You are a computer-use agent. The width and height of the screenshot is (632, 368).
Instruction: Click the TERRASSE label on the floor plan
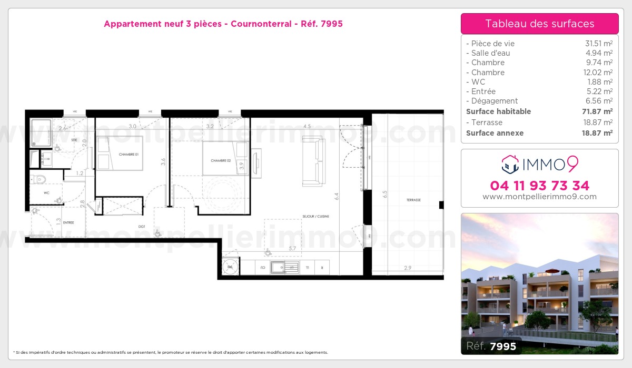click(x=413, y=200)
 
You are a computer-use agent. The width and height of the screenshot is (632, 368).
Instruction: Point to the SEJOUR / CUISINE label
click(x=316, y=216)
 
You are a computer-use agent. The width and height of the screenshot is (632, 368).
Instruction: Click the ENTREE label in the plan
click(x=68, y=223)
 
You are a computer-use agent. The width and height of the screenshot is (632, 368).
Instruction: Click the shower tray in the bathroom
click(x=41, y=132)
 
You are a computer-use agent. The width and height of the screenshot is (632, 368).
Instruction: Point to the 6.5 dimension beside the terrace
click(x=384, y=193)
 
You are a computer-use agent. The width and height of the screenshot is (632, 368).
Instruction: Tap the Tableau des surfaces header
click(x=539, y=24)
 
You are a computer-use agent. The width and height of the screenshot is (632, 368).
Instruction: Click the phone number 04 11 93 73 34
click(x=539, y=186)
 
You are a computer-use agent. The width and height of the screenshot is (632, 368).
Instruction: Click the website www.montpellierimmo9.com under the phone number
click(x=539, y=197)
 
